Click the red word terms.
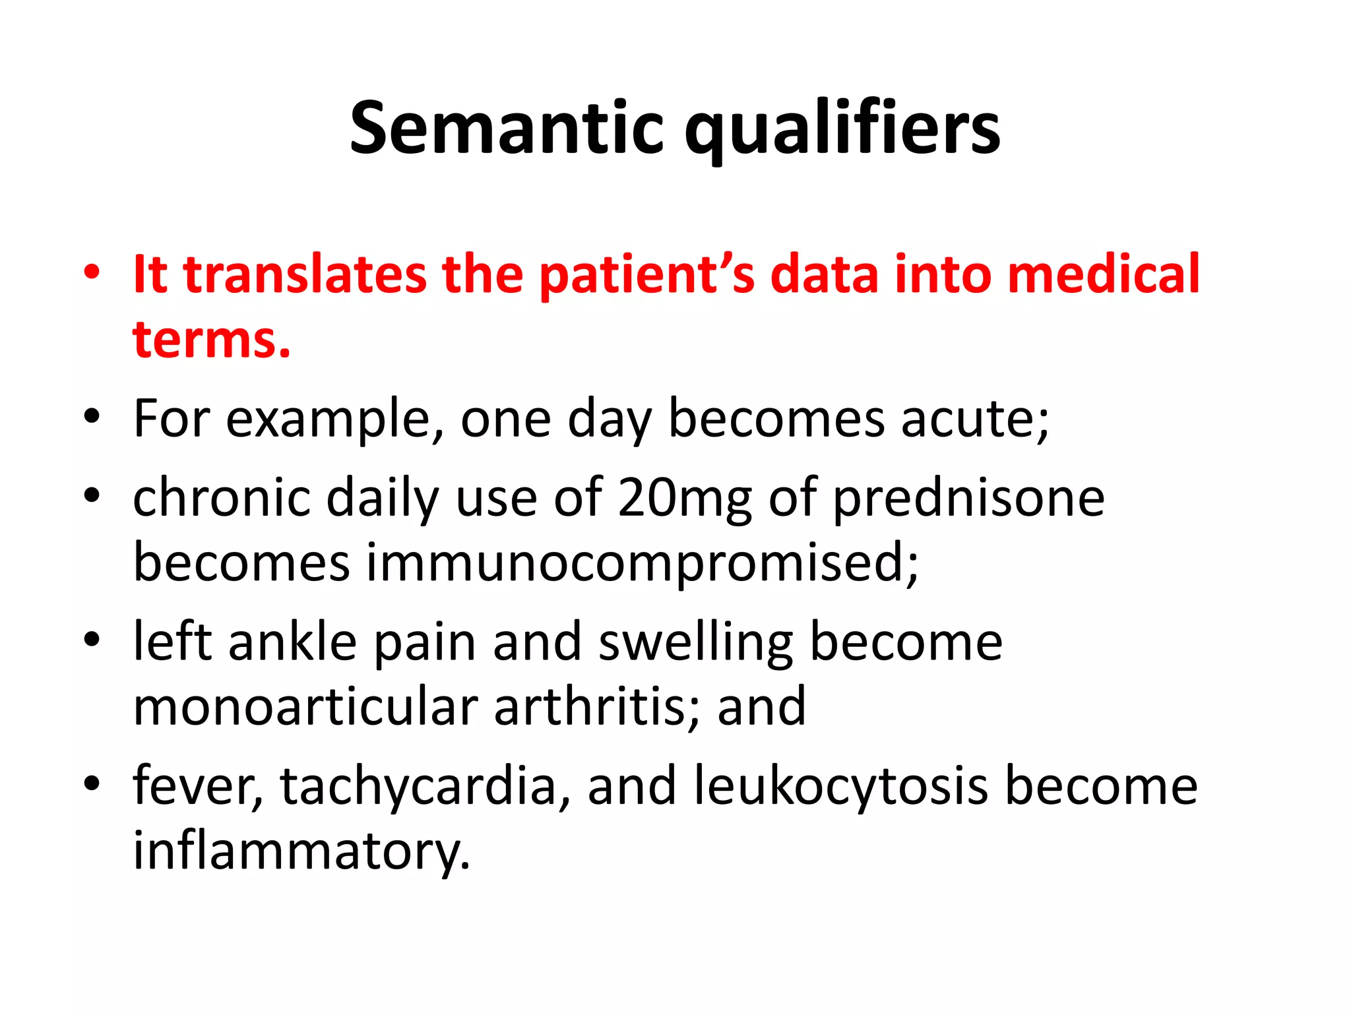click(211, 339)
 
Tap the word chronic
click(222, 497)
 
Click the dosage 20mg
click(685, 499)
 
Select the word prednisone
click(968, 499)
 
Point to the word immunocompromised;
click(642, 563)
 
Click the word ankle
click(292, 642)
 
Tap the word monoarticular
click(305, 706)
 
